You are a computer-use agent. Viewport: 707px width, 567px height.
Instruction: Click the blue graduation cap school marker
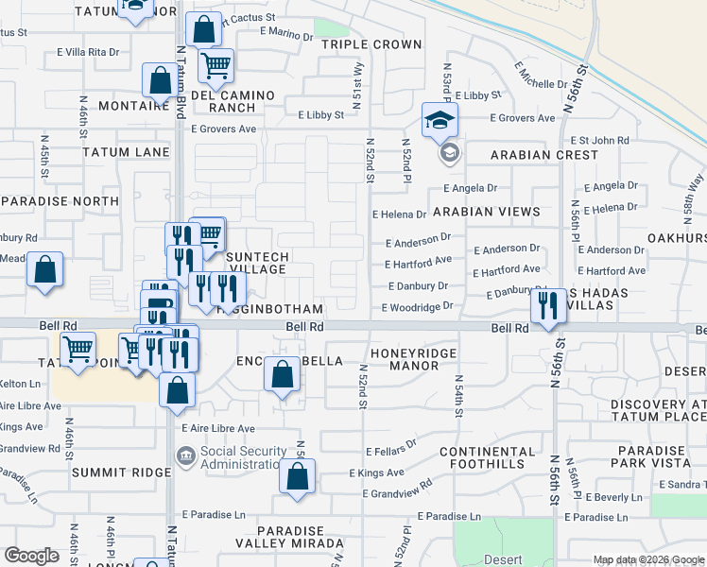click(440, 120)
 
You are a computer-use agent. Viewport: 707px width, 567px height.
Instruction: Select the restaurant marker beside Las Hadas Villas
click(547, 305)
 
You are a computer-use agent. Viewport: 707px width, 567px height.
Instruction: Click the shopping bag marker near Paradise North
click(44, 269)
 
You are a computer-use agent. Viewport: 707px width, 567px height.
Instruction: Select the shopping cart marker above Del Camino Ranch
click(216, 66)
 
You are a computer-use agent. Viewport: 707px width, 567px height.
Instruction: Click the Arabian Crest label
click(543, 154)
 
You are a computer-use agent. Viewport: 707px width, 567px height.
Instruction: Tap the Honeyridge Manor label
click(414, 359)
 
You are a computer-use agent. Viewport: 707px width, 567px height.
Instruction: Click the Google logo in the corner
click(31, 556)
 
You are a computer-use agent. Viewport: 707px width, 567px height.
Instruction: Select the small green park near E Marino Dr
click(331, 27)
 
